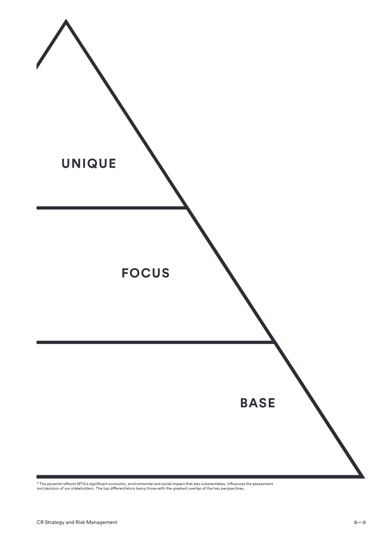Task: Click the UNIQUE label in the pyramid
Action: point(89,163)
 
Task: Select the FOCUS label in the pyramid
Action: point(145,273)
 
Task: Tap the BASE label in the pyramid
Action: point(258,403)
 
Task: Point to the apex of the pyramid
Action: point(66,22)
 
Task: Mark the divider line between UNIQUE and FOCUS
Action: point(110,208)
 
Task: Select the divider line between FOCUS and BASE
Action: point(154,342)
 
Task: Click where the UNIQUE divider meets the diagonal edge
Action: point(186,208)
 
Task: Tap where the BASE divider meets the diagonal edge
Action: point(273,342)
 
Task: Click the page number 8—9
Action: point(360,522)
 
